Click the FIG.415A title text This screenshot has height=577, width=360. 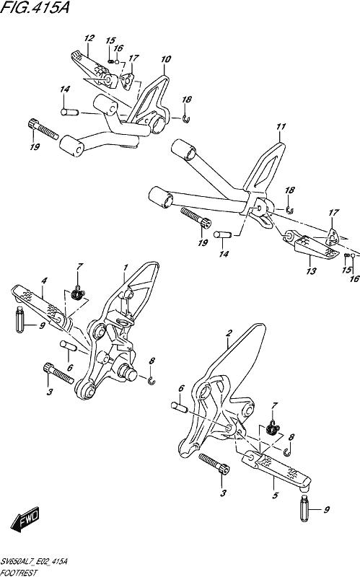click(x=34, y=7)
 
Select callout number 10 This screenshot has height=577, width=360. click(x=166, y=59)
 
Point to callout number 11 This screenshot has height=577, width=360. click(x=281, y=127)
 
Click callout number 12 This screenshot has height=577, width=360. click(x=89, y=38)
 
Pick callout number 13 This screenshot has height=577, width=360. click(x=312, y=271)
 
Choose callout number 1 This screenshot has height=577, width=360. click(x=126, y=267)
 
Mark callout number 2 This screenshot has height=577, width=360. click(x=229, y=333)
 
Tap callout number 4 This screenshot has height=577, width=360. click(x=44, y=281)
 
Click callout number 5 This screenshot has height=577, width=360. click(x=275, y=495)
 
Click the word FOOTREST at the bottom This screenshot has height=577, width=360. click(x=19, y=572)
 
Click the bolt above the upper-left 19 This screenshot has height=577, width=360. click(x=43, y=129)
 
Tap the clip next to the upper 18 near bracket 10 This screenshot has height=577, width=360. click(x=186, y=118)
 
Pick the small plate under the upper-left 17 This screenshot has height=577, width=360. click(x=127, y=81)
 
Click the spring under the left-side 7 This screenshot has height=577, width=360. click(x=78, y=294)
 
